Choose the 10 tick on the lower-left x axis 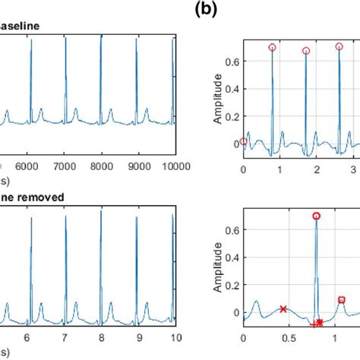click(x=175, y=338)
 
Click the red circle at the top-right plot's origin click(x=243, y=141)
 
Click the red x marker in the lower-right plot click(x=283, y=309)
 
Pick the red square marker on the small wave click(x=342, y=300)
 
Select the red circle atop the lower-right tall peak click(x=317, y=216)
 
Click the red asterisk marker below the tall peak click(x=320, y=322)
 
